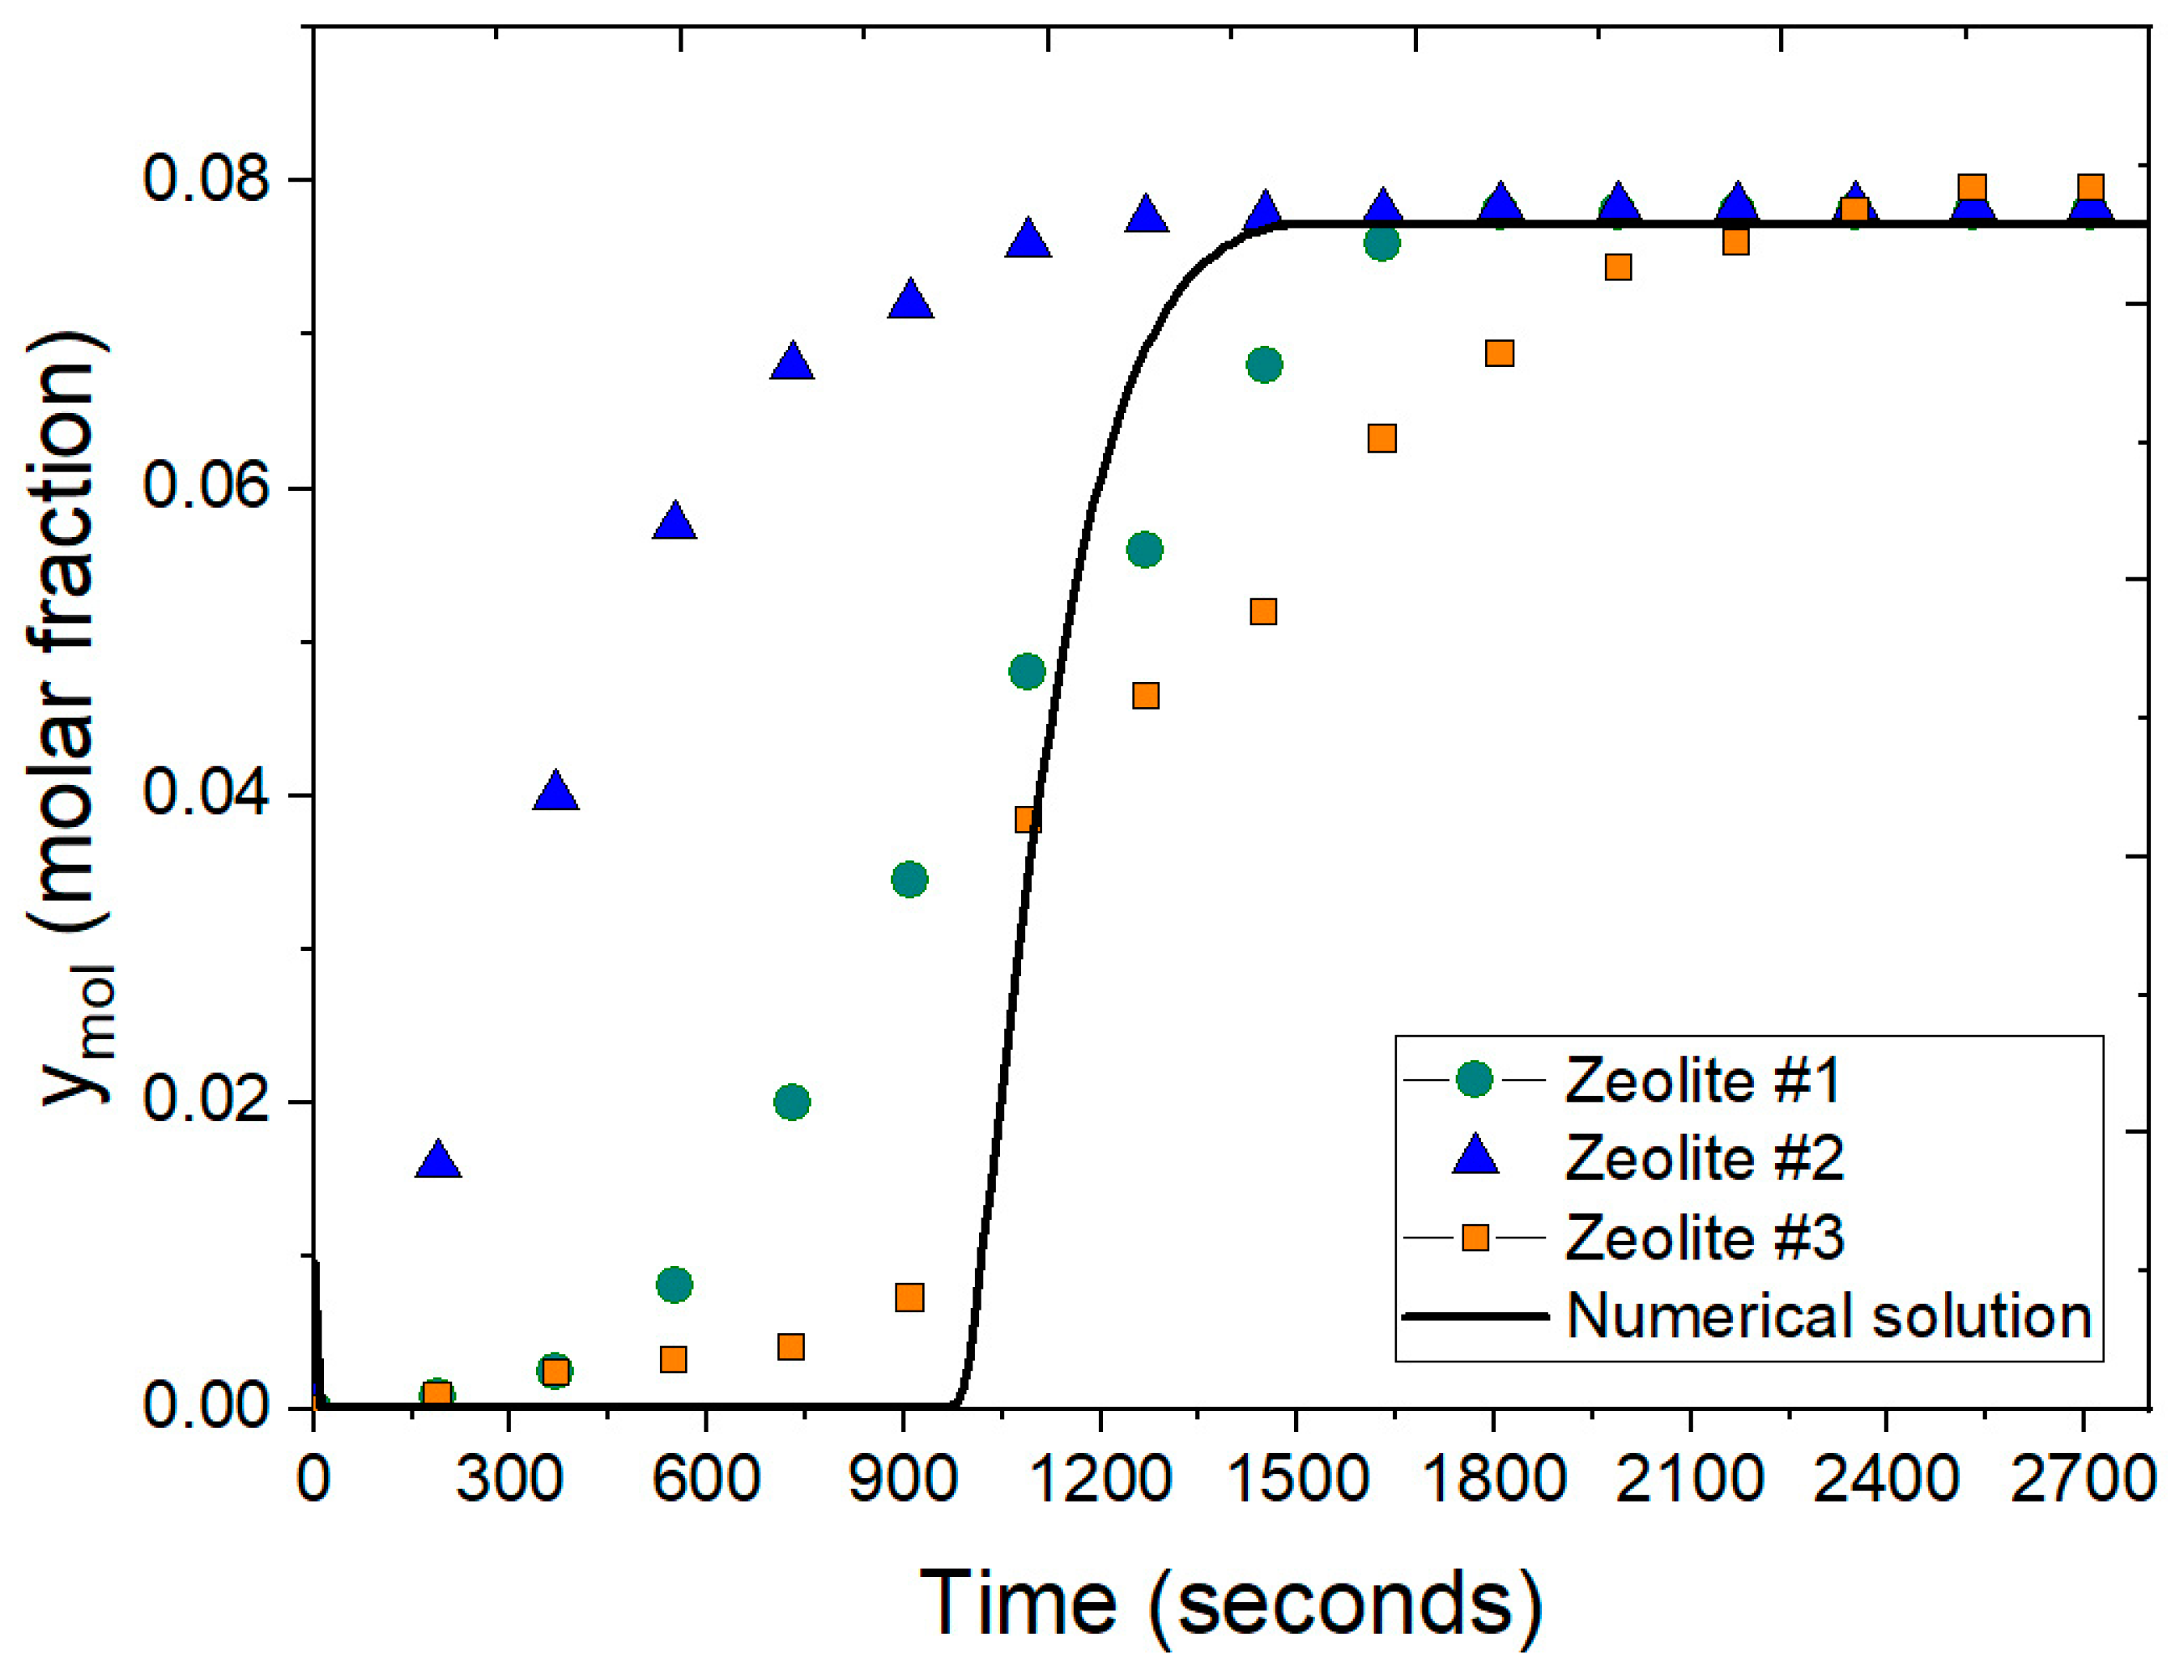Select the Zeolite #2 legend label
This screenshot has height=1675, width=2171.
pos(1703,1158)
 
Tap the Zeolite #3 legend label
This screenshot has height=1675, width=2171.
pos(1703,1238)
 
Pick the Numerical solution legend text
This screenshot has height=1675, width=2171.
pos(1829,1316)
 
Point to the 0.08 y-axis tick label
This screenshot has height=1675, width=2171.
pos(206,180)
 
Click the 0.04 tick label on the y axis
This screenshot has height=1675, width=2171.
pos(206,795)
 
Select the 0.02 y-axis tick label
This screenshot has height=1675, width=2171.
pos(206,1102)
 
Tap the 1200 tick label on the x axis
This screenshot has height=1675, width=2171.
pos(1100,1480)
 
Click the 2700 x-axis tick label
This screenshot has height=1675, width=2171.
pos(2082,1480)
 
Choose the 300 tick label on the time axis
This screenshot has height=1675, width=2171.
pos(509,1480)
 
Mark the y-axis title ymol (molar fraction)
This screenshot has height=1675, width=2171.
pos(74,716)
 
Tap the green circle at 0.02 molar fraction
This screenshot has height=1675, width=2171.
pos(791,1102)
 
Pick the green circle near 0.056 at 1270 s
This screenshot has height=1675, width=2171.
pos(1144,550)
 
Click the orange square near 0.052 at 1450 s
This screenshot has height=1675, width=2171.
pos(1262,612)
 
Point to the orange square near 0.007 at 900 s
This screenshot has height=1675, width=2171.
pos(909,1298)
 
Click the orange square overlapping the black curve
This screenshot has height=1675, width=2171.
pos(1028,819)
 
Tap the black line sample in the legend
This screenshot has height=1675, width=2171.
pos(1475,1316)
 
